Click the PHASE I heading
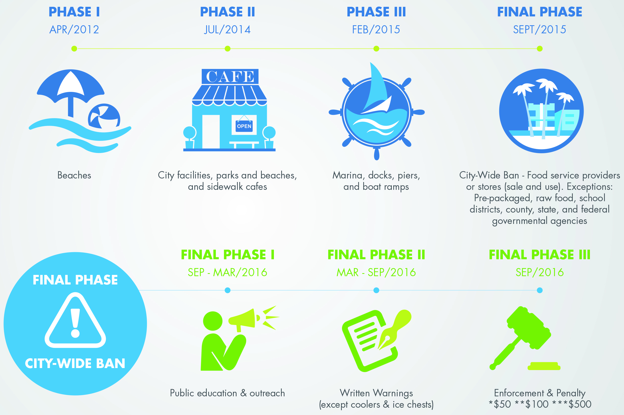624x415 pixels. [74, 12]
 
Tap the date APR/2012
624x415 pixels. [74, 29]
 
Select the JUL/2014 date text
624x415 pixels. [227, 29]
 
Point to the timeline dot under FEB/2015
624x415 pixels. [376, 49]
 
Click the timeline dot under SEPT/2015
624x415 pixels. [540, 49]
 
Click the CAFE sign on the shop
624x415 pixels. [230, 76]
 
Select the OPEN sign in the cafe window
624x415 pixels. [244, 126]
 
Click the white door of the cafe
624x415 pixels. [211, 132]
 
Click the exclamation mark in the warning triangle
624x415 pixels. [75, 323]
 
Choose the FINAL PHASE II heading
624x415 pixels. [376, 255]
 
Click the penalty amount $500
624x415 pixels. [580, 404]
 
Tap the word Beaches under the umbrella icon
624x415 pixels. [74, 175]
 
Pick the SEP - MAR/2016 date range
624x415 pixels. [227, 272]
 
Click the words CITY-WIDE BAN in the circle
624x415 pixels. [75, 364]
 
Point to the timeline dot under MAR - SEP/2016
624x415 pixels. [376, 290]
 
